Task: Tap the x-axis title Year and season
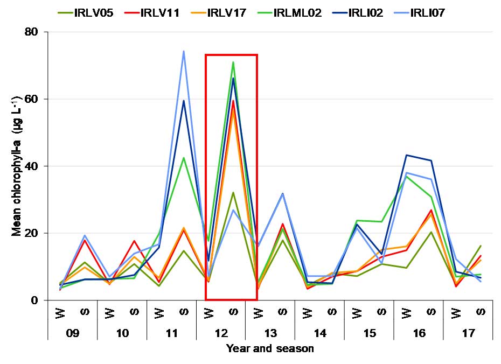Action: pos(269,349)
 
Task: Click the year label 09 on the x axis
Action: pos(73,334)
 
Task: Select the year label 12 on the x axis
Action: pos(221,334)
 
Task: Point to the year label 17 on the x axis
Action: pos(468,334)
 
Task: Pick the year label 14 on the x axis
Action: pos(320,334)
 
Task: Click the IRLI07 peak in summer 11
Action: pos(184,52)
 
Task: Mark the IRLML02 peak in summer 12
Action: pos(233,62)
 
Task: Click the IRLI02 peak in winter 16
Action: pos(406,155)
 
